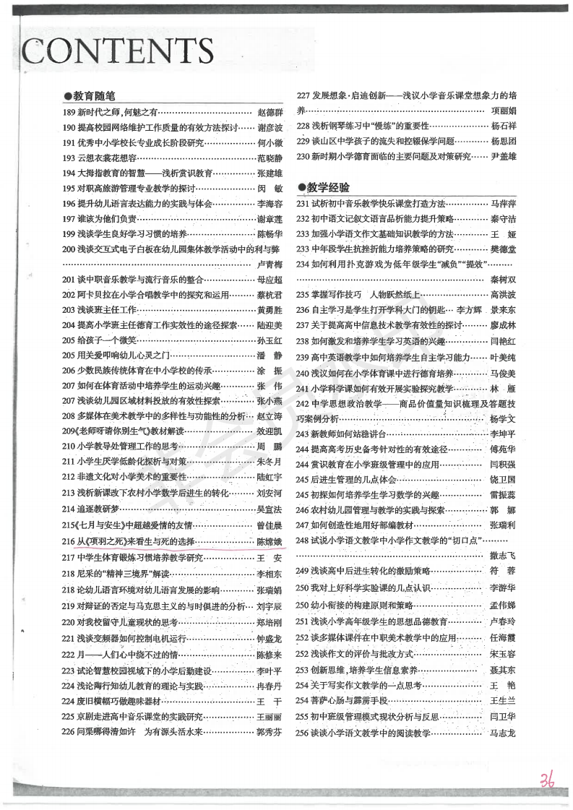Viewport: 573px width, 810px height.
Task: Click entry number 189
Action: pyautogui.click(x=69, y=112)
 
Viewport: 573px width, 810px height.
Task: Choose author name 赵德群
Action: pyautogui.click(x=271, y=112)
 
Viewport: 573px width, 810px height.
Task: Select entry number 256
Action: pyautogui.click(x=303, y=733)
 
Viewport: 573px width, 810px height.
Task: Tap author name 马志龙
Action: pyautogui.click(x=503, y=733)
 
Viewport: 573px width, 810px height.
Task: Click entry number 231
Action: pyautogui.click(x=303, y=204)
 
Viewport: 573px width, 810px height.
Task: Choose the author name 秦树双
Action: pyautogui.click(x=503, y=280)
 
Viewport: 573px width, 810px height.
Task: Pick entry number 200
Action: pyautogui.click(x=69, y=249)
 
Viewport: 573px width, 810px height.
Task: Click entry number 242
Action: pyautogui.click(x=303, y=403)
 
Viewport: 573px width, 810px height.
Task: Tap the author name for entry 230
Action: pyautogui.click(x=504, y=155)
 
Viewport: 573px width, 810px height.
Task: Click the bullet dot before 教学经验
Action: pyautogui.click(x=301, y=187)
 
